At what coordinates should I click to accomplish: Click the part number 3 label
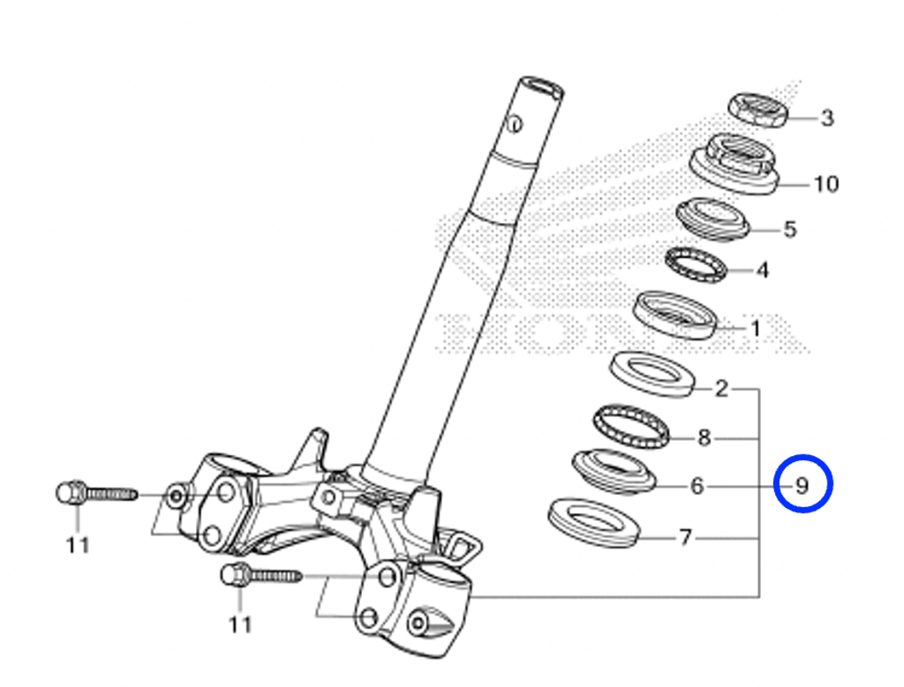(x=827, y=118)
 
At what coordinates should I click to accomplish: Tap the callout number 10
(x=825, y=184)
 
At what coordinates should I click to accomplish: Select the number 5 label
(x=790, y=229)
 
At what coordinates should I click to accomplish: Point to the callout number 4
(x=762, y=270)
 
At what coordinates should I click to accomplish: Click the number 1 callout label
(x=756, y=328)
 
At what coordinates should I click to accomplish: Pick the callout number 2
(x=721, y=389)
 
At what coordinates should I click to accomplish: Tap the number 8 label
(x=704, y=437)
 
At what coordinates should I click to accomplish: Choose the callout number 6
(x=697, y=486)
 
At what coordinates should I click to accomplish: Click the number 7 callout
(x=685, y=537)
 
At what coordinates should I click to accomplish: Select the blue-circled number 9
(x=802, y=485)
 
